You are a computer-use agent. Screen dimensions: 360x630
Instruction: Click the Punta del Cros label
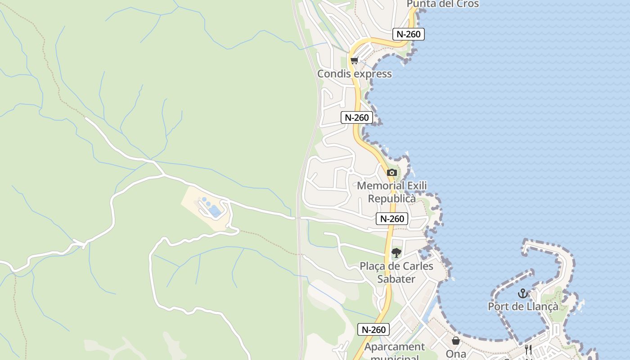point(442,4)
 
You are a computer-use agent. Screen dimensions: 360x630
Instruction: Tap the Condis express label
point(355,74)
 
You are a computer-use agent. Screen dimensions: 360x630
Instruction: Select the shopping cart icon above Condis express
point(355,60)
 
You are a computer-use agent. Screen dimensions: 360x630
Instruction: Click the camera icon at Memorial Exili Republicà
point(391,172)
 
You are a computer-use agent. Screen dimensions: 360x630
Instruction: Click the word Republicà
point(392,198)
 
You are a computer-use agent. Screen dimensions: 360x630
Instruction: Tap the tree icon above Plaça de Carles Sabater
point(396,253)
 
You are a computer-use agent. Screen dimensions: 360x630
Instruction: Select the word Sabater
point(396,279)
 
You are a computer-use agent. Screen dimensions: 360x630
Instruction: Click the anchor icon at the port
point(522,293)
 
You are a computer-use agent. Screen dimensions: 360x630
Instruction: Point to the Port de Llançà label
point(523,306)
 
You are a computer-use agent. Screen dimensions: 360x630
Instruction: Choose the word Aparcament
point(394,347)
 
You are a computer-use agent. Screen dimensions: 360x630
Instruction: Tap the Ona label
point(456,354)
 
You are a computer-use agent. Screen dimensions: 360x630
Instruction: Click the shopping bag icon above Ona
point(456,341)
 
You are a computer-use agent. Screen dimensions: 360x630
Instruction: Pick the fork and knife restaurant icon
point(528,349)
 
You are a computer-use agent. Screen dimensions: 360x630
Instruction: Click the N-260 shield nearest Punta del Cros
point(409,34)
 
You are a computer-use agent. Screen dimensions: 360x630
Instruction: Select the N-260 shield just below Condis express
point(356,117)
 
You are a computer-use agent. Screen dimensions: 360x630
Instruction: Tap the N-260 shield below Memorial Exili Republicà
point(392,219)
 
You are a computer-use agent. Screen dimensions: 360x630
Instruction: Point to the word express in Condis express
point(372,74)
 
